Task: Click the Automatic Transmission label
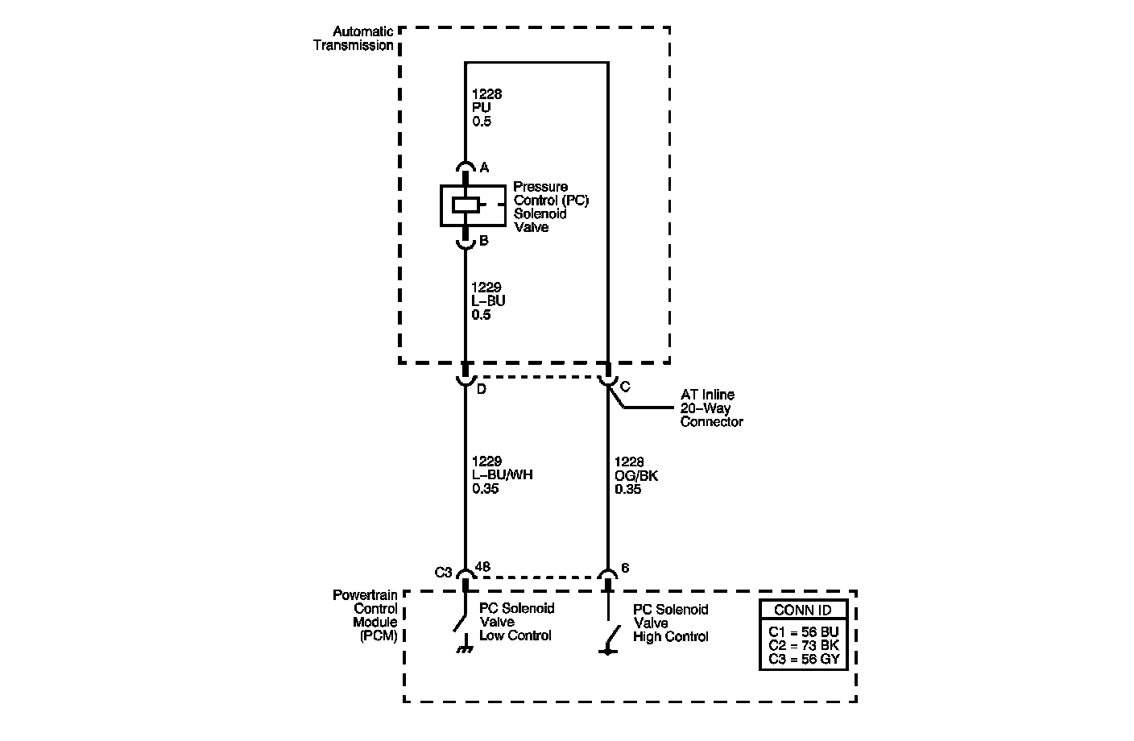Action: click(x=353, y=39)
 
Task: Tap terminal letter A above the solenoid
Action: click(x=484, y=168)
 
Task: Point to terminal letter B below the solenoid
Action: click(x=483, y=240)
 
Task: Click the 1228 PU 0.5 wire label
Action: click(x=486, y=108)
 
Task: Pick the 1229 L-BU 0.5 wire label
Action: click(x=488, y=301)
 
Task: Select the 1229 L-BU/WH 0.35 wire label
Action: click(x=502, y=475)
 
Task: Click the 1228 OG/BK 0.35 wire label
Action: click(x=635, y=475)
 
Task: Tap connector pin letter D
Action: click(x=482, y=390)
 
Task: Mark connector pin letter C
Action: click(x=625, y=387)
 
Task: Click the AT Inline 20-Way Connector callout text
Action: click(x=711, y=408)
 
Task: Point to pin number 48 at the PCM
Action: click(x=483, y=567)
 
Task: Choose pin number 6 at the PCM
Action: click(x=625, y=568)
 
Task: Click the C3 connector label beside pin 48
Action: click(x=443, y=573)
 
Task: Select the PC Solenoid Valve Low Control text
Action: click(x=516, y=623)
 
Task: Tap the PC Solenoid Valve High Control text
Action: click(x=671, y=623)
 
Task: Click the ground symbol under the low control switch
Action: click(x=465, y=648)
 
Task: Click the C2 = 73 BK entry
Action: click(x=802, y=645)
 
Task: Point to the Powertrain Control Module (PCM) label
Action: click(x=366, y=615)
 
